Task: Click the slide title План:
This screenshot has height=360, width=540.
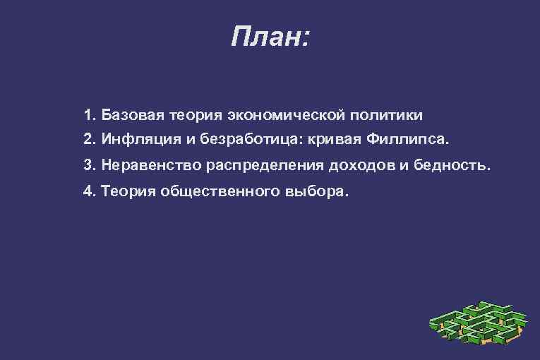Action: tap(270, 36)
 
